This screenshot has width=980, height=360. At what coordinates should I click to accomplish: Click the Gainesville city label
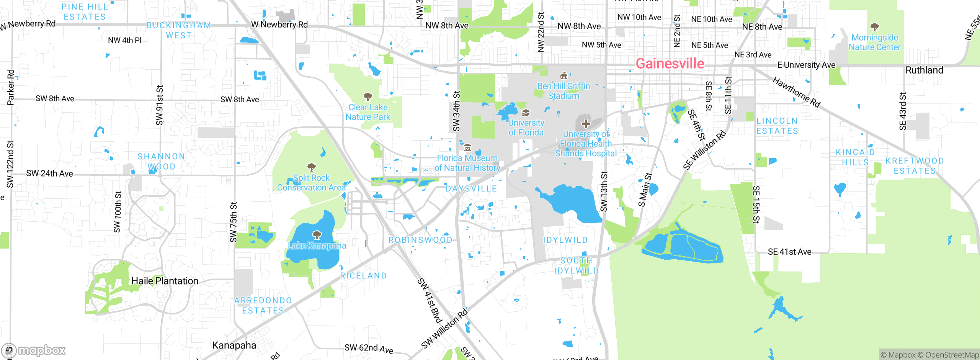pos(670,64)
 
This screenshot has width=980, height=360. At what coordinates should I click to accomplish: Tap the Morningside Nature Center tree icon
pos(874,27)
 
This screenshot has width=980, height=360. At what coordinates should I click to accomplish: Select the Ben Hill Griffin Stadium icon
pos(563,75)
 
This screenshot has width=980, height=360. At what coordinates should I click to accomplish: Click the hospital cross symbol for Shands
pos(586,124)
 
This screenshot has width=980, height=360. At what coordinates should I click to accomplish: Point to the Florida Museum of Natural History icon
pos(467,148)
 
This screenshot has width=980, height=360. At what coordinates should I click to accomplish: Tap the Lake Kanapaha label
pos(317,245)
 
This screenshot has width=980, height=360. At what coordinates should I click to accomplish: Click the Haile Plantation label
pos(165,281)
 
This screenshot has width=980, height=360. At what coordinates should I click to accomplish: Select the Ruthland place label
pos(924,70)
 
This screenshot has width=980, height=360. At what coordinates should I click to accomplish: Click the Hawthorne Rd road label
pos(796,92)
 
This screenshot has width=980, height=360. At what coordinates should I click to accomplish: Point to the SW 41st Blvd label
pos(430,301)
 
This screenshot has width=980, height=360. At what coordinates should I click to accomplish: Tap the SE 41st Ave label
pos(789,252)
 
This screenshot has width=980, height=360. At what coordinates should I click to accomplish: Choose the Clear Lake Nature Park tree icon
pos(367,96)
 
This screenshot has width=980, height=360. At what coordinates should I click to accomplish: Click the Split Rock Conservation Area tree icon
pos(312,167)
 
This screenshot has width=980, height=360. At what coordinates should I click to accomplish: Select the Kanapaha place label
pos(234,345)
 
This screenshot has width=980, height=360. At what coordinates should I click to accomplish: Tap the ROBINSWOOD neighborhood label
pos(420,240)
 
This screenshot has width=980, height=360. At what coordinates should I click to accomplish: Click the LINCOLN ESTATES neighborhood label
pos(777,126)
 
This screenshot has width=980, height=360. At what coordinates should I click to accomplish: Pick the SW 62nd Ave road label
pos(369,348)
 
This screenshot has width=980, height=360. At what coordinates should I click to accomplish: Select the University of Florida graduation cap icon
pos(526,113)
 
